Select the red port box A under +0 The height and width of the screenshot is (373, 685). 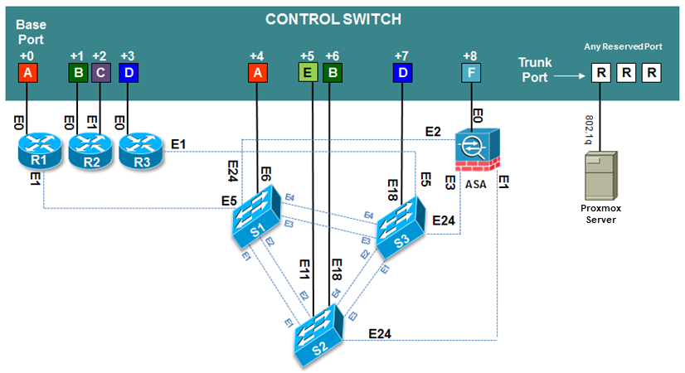coord(28,74)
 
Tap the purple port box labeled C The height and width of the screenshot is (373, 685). coord(100,74)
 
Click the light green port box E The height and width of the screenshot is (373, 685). coord(308,74)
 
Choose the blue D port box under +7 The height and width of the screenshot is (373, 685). coord(402,74)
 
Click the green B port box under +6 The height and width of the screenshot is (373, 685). coord(332,74)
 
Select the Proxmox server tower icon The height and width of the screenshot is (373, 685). coord(600,181)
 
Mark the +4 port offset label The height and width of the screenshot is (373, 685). coord(257,56)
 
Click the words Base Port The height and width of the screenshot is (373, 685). coord(31,32)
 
